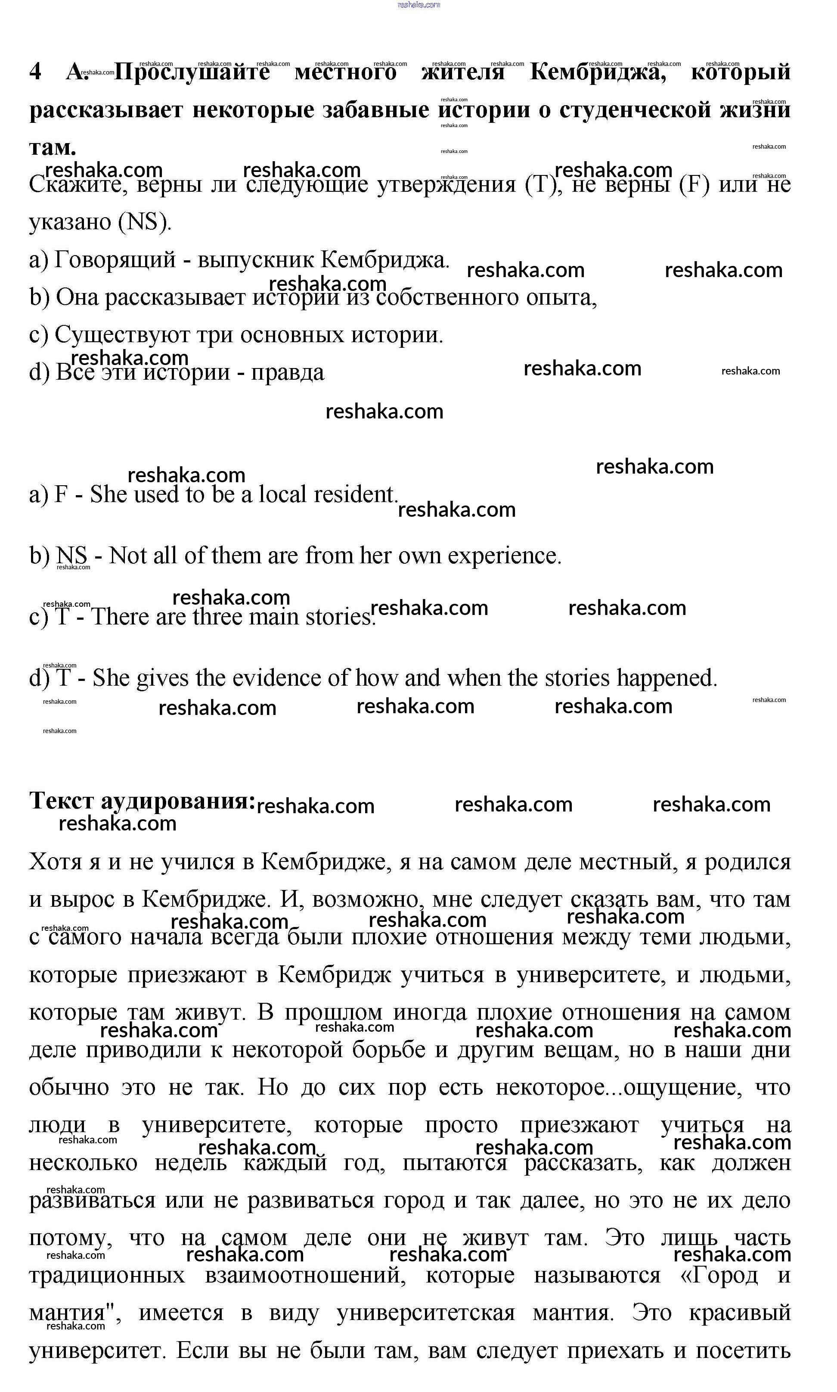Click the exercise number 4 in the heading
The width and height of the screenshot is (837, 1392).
35,72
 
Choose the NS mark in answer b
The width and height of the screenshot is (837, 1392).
71,556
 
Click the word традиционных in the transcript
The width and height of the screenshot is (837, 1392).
107,1275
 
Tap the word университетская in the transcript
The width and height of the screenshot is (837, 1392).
426,1313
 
